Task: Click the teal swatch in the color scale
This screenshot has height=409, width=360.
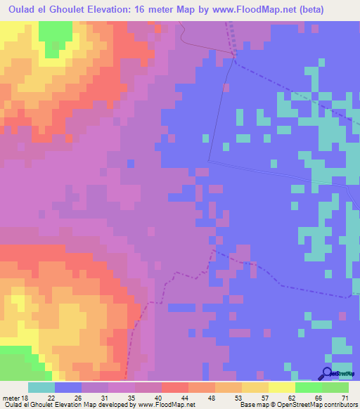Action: tap(41, 387)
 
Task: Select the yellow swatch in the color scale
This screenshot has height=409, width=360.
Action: tap(281, 387)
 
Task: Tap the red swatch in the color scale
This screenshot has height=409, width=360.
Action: tap(174, 387)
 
